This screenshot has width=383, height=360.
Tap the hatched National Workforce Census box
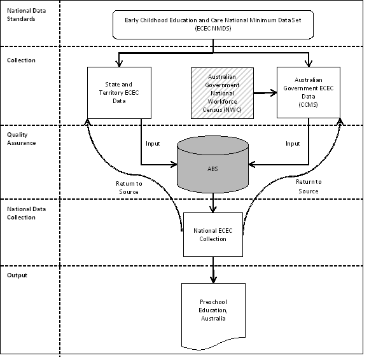pos(217,93)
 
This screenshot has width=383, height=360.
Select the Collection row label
pos(22,60)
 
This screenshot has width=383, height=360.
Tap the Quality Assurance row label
pos(22,139)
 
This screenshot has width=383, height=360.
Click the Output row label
pos(17,275)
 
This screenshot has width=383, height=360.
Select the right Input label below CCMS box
pos(292,143)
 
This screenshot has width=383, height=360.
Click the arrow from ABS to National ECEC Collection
pos(212,202)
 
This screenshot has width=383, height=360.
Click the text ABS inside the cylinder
pos(211,169)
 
